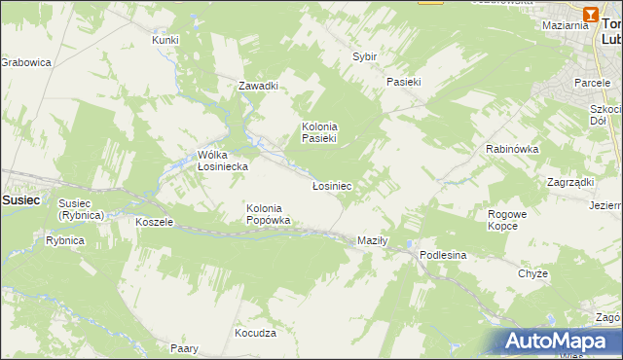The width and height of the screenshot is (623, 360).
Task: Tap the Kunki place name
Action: coord(165,40)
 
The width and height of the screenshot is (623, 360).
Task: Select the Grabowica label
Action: coord(24,62)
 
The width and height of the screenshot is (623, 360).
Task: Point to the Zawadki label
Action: coord(259,86)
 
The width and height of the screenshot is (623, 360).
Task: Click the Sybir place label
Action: coord(364,56)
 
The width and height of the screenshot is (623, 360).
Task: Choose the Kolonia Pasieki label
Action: coord(318,132)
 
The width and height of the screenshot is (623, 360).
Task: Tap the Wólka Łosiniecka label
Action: coord(222,161)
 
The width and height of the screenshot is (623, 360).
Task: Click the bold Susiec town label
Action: coord(20,198)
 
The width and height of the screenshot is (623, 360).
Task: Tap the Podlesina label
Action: coord(444,254)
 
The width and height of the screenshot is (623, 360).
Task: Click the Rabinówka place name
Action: coord(512,149)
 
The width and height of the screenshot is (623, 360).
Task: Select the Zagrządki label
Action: coord(570,182)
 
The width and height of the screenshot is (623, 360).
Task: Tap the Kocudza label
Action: coord(255,333)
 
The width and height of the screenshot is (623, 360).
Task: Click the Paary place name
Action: coord(184,348)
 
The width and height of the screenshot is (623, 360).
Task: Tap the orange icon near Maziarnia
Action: coord(592,14)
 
